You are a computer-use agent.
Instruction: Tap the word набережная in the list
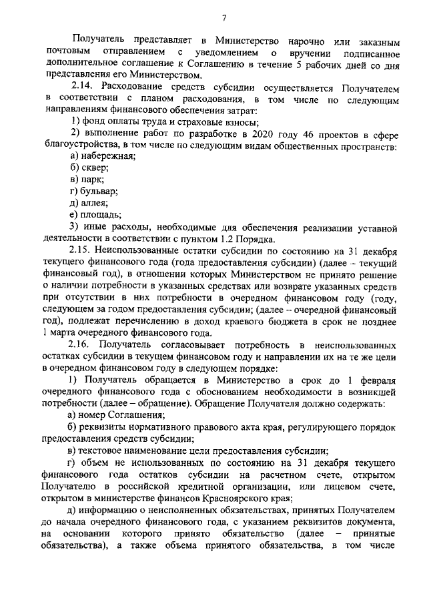(107, 157)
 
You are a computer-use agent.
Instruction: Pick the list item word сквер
(95, 169)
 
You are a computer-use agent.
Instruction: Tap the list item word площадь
(101, 215)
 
